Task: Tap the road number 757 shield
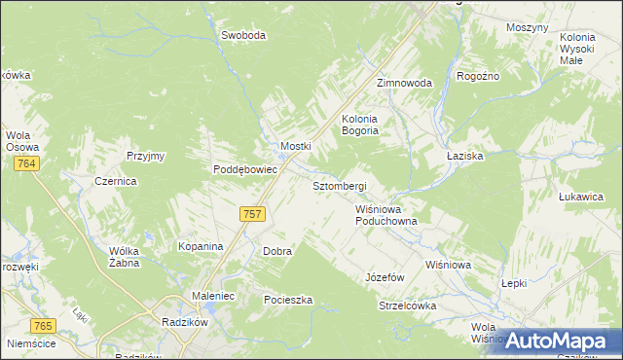click(x=251, y=214)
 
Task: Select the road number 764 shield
click(x=26, y=166)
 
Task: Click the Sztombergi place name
click(x=338, y=185)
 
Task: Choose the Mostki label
click(x=295, y=146)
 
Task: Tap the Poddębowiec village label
click(x=246, y=168)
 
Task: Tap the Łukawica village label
click(x=582, y=196)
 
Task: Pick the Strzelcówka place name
click(x=407, y=306)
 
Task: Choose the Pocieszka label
click(x=288, y=300)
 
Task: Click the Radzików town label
click(x=180, y=318)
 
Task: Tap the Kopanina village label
click(x=201, y=246)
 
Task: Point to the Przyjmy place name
click(x=146, y=156)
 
